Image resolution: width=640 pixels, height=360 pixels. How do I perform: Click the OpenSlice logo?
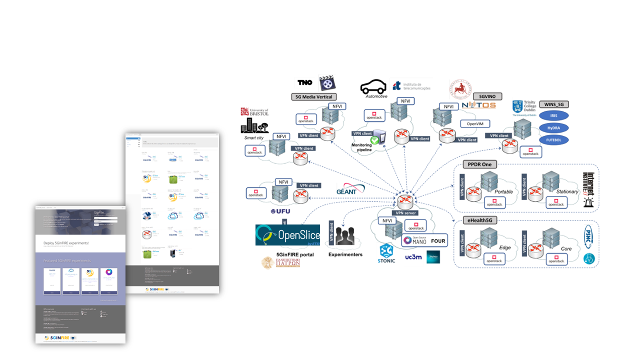pyautogui.click(x=287, y=235)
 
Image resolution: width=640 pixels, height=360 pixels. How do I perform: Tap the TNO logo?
pyautogui.click(x=305, y=82)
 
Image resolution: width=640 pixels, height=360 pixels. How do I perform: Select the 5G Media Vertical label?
pyautogui.click(x=313, y=96)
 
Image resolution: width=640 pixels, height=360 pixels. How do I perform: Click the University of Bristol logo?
pyautogui.click(x=254, y=112)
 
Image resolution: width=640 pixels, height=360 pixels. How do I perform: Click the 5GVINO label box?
pyautogui.click(x=487, y=96)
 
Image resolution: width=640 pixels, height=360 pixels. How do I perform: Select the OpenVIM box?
pyautogui.click(x=474, y=123)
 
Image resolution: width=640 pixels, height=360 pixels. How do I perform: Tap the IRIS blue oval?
pyautogui.click(x=553, y=115)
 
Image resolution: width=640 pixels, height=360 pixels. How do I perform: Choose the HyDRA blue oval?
pyautogui.click(x=553, y=128)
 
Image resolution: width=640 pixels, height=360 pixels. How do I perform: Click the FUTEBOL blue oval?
pyautogui.click(x=553, y=140)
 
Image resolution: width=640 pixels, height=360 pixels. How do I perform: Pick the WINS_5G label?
pyautogui.click(x=553, y=104)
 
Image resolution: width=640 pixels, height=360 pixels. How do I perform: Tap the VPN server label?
pyautogui.click(x=405, y=212)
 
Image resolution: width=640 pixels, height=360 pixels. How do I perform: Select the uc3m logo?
pyautogui.click(x=411, y=257)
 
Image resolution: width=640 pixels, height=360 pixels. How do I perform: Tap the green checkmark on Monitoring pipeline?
pyautogui.click(x=374, y=140)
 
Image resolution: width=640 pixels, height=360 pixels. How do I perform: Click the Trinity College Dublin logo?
pyautogui.click(x=523, y=107)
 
